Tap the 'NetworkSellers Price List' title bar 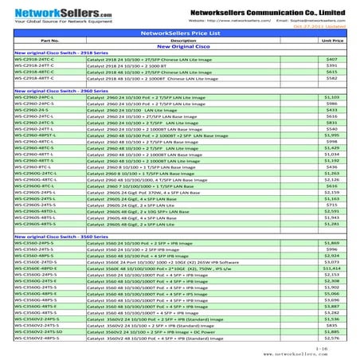pyautogui.click(x=181, y=33)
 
